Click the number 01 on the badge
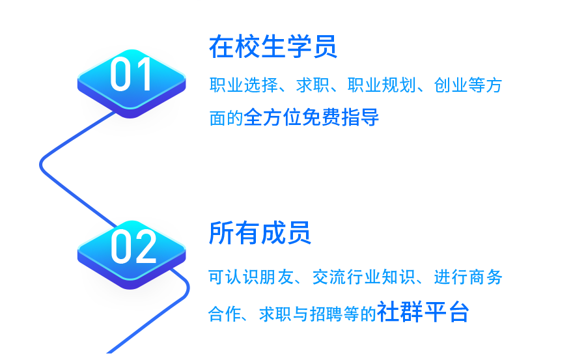(131, 74)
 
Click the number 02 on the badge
(133, 247)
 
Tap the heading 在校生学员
(273, 47)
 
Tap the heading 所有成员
(260, 233)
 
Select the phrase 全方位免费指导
(311, 117)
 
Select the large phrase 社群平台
(423, 311)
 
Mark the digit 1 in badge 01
(144, 74)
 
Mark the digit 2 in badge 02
(146, 247)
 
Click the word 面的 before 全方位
(226, 118)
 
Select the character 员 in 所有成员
(299, 233)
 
